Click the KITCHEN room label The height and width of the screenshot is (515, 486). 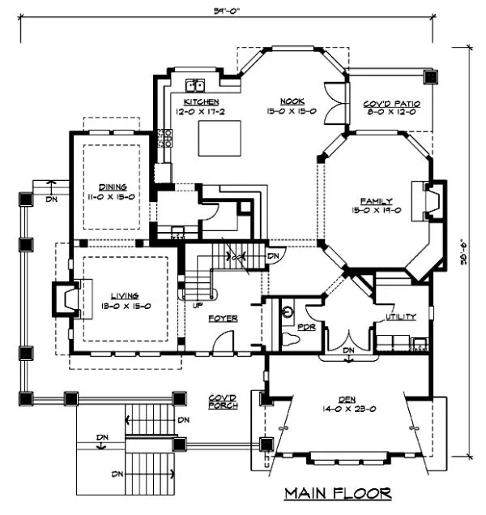click(200, 101)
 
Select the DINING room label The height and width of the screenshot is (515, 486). click(113, 186)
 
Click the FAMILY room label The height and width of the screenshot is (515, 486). click(377, 200)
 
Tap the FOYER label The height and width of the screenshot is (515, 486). click(222, 319)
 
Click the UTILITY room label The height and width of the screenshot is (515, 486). click(401, 317)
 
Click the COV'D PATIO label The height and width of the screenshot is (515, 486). click(389, 103)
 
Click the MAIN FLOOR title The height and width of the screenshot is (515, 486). click(338, 492)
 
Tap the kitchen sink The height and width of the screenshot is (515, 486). click(194, 84)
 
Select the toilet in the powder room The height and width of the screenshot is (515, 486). click(287, 337)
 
